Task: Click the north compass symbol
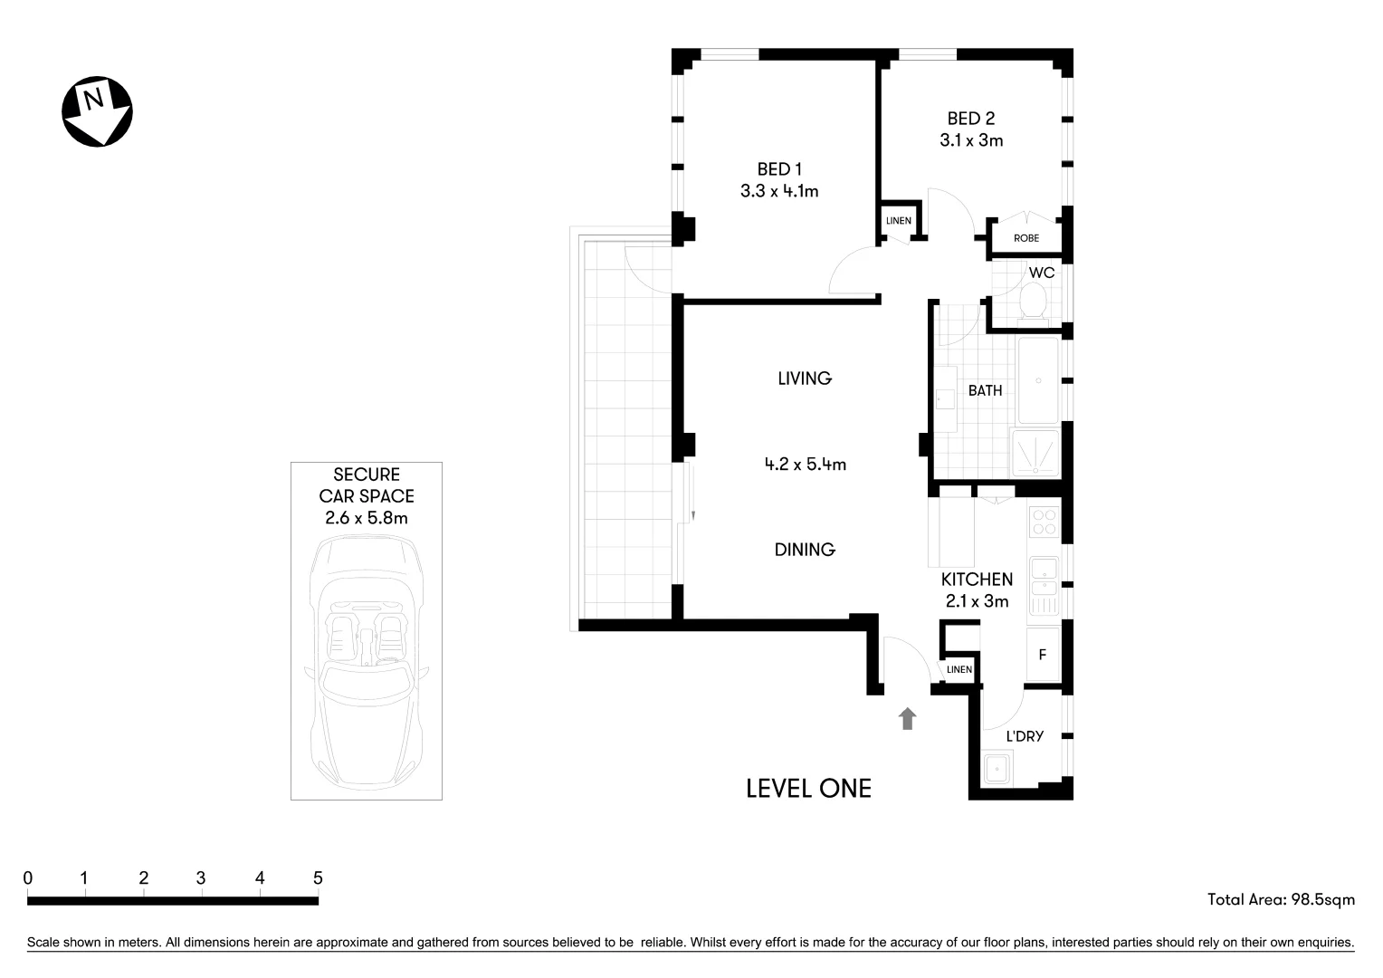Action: tap(97, 111)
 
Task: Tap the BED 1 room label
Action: tap(779, 169)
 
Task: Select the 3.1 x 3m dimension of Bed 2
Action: tap(971, 140)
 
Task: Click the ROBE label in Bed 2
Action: tap(1026, 238)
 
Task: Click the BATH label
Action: tap(985, 390)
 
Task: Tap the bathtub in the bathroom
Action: tap(1037, 380)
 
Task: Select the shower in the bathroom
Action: tap(1035, 453)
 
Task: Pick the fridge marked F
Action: tap(1043, 654)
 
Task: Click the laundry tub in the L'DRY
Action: tap(998, 769)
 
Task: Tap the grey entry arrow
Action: tap(907, 719)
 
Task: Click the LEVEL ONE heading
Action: tap(808, 788)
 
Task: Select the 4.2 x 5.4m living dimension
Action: tap(805, 465)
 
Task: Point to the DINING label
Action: tap(805, 550)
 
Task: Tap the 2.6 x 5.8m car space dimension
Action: tap(366, 518)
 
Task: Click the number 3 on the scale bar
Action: tap(201, 877)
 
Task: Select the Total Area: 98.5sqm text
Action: tap(1281, 899)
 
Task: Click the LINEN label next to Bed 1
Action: tap(898, 221)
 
